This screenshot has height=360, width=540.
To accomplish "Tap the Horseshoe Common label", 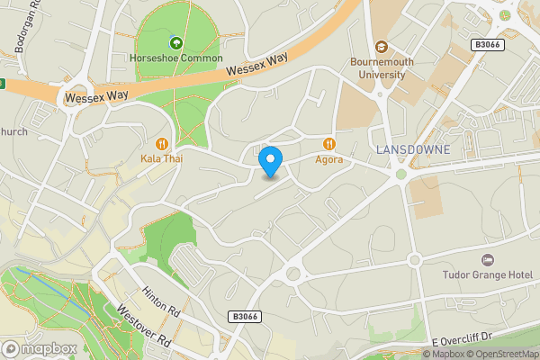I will [x=175, y=58].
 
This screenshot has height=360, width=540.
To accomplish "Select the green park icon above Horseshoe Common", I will [x=175, y=42].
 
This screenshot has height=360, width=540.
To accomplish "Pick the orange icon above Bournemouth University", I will [x=380, y=47].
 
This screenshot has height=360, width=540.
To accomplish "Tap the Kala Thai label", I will [x=162, y=158].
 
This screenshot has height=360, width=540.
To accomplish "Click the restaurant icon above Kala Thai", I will [x=162, y=142].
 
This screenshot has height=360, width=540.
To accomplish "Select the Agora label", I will [x=328, y=159].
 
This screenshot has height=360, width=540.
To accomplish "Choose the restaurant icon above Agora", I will [x=328, y=143].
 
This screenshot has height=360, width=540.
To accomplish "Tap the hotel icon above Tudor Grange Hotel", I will [x=489, y=259].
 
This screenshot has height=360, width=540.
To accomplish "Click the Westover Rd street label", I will [x=143, y=325].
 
